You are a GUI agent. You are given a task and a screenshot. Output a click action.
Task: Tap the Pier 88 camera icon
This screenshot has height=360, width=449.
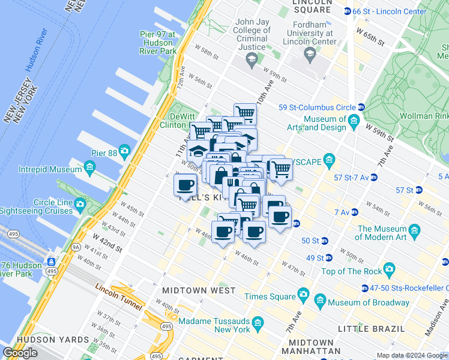click(x=124, y=150)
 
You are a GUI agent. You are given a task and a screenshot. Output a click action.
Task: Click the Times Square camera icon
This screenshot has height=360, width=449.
click(x=304, y=295)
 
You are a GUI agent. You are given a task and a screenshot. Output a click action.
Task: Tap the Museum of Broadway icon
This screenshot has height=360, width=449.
click(x=319, y=299)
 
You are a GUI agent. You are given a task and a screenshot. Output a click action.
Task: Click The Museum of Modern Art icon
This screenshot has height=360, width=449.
click(x=414, y=230)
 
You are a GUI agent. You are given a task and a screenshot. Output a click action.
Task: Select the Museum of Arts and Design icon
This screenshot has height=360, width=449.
click(x=354, y=124)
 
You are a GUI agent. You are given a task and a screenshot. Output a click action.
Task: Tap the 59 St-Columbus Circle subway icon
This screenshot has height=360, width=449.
click(x=354, y=108)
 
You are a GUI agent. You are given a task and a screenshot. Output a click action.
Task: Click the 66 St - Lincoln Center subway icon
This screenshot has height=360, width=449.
click(x=347, y=11)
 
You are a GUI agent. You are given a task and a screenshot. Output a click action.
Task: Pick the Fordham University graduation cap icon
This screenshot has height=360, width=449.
click(x=310, y=55)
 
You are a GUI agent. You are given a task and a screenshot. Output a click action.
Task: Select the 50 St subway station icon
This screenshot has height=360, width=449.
click(x=325, y=241)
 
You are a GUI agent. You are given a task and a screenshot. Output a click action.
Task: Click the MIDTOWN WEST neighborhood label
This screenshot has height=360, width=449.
click(x=199, y=290)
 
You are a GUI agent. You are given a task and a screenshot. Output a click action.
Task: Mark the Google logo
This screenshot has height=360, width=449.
click(x=20, y=353)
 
